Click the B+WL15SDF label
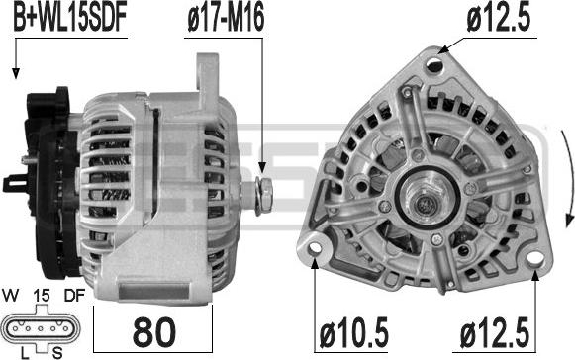69,19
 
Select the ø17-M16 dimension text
226,19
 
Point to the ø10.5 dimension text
353,333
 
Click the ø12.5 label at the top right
499,19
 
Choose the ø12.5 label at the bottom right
495,333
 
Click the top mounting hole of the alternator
435,65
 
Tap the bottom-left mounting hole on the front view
315,248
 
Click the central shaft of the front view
427,201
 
